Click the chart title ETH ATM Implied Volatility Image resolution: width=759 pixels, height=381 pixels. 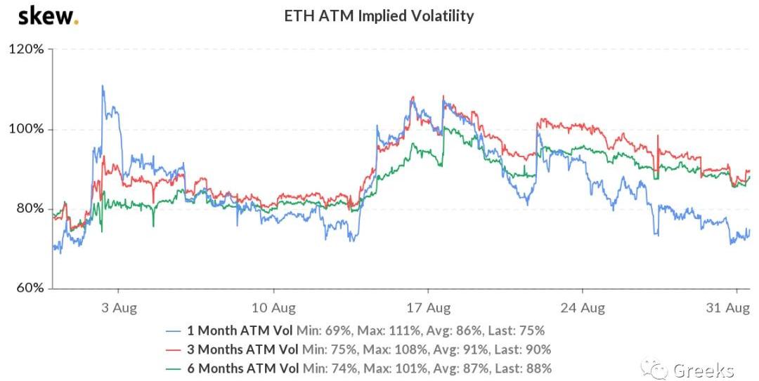[379, 15]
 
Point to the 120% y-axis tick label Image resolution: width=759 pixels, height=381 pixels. [26, 50]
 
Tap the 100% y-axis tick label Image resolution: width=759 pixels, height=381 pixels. [26, 130]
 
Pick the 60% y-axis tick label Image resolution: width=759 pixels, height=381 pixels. [28, 288]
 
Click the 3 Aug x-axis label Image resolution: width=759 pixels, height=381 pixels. [119, 307]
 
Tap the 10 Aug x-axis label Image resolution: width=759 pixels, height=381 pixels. [273, 307]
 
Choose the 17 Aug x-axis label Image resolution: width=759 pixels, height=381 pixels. [428, 307]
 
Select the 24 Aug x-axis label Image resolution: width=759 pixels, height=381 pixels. [583, 307]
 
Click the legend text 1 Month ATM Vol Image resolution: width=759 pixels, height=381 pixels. [239, 330]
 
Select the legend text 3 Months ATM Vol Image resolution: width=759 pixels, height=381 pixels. [242, 349]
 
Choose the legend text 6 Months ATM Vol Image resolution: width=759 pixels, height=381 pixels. [242, 368]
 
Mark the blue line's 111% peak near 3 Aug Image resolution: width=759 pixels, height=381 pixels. [103, 86]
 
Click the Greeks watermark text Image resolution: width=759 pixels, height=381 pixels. [703, 370]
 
